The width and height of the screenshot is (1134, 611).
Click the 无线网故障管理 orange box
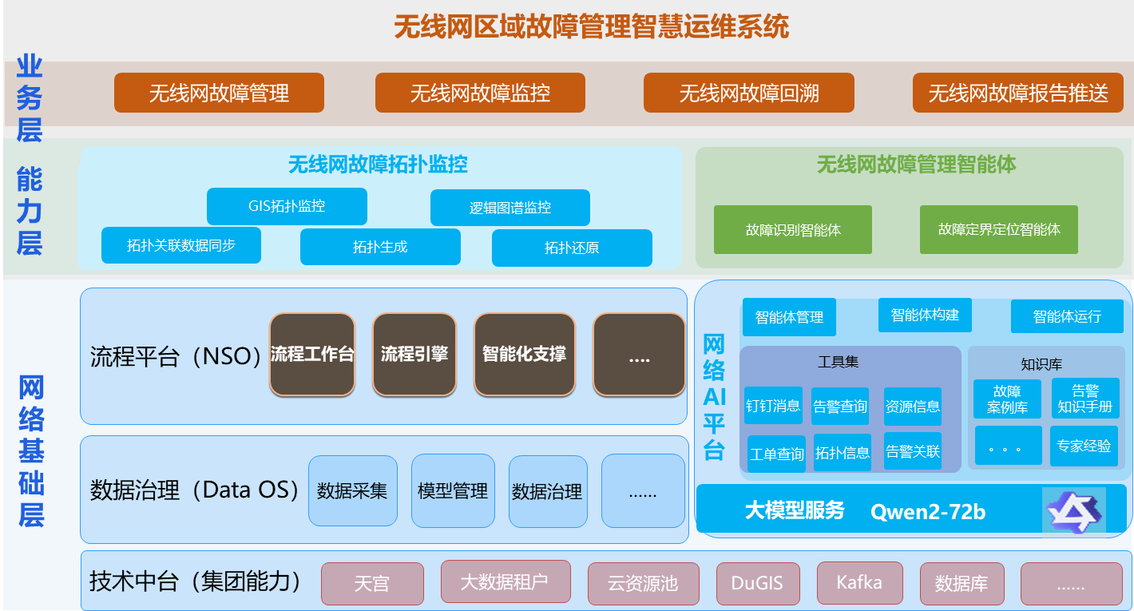[219, 93]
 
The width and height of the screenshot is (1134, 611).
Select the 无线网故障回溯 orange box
[749, 93]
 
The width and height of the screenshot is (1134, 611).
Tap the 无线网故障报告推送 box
[1018, 93]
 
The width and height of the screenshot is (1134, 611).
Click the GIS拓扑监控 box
[287, 206]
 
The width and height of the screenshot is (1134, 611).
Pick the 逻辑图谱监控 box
[510, 208]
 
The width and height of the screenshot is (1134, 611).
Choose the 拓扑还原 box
[572, 248]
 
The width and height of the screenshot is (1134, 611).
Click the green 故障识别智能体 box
[793, 230]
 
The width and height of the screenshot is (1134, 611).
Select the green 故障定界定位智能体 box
[999, 230]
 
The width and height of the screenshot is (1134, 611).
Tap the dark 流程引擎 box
[414, 354]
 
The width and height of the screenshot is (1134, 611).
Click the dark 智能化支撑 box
[524, 354]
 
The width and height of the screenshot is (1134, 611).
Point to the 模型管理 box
[453, 491]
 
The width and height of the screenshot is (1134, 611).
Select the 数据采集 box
[352, 491]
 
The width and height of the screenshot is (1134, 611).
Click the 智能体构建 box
[925, 315]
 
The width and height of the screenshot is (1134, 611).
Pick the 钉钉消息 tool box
[773, 406]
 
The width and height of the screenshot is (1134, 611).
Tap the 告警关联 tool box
[913, 452]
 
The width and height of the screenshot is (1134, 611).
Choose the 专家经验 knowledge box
[1084, 446]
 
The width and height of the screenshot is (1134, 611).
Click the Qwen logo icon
[1074, 510]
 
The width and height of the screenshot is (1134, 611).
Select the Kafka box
[859, 582]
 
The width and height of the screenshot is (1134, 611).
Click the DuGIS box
[757, 583]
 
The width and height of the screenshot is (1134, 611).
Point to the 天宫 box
[371, 584]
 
